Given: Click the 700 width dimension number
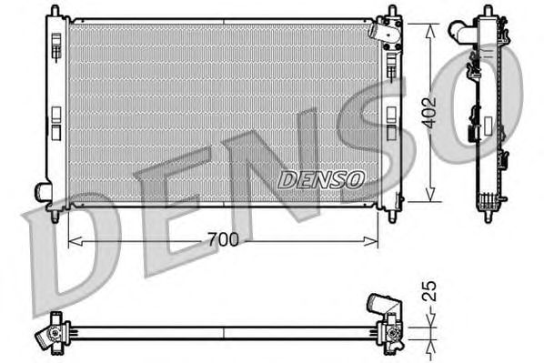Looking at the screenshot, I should coord(222,240).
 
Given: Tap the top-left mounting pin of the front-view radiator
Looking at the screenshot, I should coord(55,11).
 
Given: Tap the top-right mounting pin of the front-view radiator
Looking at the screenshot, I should coord(392,11).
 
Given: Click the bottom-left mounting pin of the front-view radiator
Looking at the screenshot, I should coord(55,217).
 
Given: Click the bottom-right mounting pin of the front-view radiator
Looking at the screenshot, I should coord(392,217).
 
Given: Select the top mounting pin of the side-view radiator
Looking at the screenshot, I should coord(484,11).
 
